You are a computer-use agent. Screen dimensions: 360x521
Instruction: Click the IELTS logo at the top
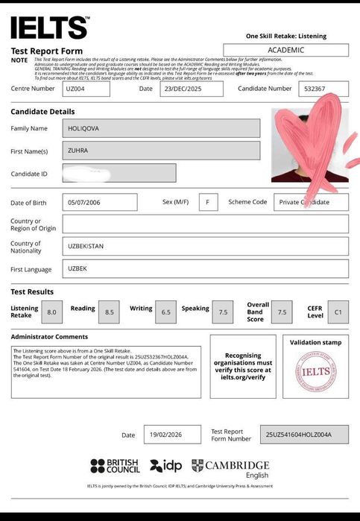click(49, 28)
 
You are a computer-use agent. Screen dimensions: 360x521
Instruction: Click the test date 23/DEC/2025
click(191, 89)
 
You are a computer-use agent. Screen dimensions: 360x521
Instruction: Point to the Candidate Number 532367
click(323, 89)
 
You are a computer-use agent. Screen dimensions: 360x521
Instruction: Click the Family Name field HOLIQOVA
click(161, 128)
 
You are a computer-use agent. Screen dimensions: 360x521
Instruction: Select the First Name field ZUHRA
click(161, 151)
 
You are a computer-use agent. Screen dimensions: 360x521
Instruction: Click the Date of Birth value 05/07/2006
click(100, 202)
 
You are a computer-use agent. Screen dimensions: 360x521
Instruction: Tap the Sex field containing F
click(208, 202)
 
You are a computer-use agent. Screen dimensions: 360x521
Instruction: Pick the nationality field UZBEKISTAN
click(205, 245)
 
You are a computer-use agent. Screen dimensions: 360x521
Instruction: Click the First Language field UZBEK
click(205, 269)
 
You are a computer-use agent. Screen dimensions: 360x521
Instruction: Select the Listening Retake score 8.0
click(51, 312)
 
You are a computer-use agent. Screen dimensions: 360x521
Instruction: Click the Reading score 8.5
click(110, 312)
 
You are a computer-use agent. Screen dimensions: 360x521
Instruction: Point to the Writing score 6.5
click(165, 312)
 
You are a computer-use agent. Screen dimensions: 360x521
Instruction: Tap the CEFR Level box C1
click(338, 312)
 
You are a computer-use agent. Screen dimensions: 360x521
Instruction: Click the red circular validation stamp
click(315, 371)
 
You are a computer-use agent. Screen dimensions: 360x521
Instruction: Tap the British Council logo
click(115, 467)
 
